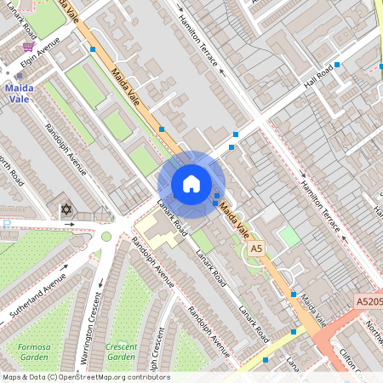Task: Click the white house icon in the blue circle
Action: (x=191, y=184)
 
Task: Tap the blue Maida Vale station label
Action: (x=19, y=93)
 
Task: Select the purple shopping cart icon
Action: (x=29, y=47)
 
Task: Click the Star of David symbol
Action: (x=66, y=209)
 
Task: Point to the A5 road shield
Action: (x=255, y=248)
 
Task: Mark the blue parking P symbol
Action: (x=5, y=224)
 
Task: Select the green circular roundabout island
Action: (x=106, y=237)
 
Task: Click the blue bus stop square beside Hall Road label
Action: (x=337, y=65)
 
